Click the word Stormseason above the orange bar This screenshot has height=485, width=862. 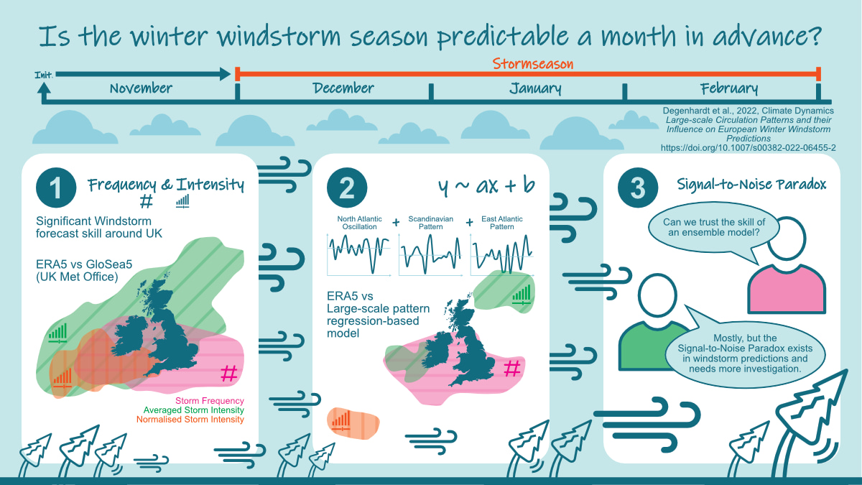coord(533,63)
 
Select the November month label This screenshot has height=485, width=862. coord(141,88)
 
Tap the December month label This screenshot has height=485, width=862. coord(343,88)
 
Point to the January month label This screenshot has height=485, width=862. coord(535,89)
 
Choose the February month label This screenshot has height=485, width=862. coord(729,89)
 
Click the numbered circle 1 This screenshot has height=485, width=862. coord(56,188)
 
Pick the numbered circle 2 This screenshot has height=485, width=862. coord(347,188)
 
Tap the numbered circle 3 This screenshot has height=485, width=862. coord(638,188)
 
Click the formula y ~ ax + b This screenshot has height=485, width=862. coord(486,185)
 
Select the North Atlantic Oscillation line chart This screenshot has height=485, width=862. coord(358,254)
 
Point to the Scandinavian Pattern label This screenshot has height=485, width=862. coord(430,223)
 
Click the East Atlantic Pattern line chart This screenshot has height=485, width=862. coord(502,254)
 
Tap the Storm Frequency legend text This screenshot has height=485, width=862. coord(209,401)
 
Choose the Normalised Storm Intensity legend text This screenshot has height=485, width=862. coord(190,419)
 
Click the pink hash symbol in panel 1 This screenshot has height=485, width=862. coord(229,373)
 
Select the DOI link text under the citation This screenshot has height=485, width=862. coord(748,148)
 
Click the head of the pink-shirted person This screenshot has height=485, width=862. coord(786,239)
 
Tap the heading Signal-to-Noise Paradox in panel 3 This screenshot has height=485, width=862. coord(751,185)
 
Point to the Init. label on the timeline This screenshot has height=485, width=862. coord(44,75)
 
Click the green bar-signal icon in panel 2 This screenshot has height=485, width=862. coord(522,295)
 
